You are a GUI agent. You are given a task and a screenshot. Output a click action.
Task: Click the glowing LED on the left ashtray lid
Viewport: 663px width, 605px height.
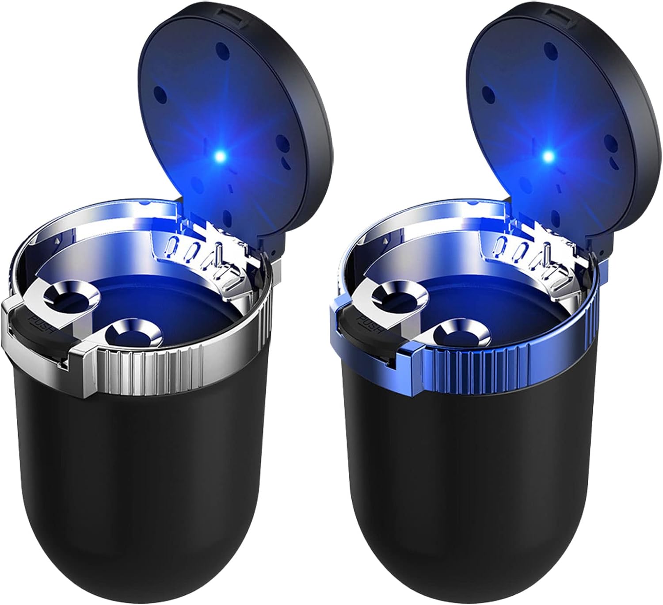click(220, 156)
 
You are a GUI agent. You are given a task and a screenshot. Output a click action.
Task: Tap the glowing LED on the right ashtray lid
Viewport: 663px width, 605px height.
click(548, 156)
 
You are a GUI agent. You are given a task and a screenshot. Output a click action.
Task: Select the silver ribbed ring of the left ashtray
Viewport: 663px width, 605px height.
click(177, 367)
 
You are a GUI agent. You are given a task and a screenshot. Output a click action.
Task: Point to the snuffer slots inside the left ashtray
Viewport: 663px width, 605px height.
click(199, 252)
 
